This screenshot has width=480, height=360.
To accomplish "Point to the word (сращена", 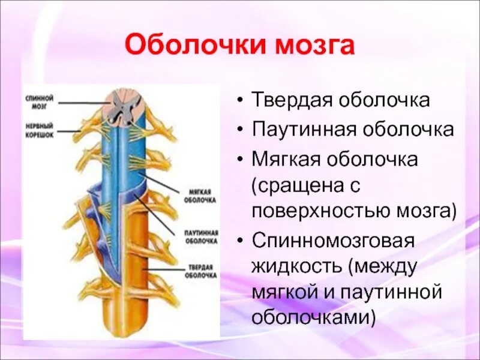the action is [x=299, y=185].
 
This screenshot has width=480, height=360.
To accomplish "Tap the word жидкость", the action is [x=295, y=266].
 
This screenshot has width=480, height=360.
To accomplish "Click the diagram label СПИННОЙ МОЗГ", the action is [x=40, y=100].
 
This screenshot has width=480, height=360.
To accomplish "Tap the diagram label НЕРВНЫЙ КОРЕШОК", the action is [x=40, y=130].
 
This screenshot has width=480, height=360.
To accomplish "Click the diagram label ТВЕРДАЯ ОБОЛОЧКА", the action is [x=201, y=271].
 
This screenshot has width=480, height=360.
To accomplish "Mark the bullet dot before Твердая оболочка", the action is [x=240, y=100].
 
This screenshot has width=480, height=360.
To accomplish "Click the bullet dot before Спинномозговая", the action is [x=240, y=241].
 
